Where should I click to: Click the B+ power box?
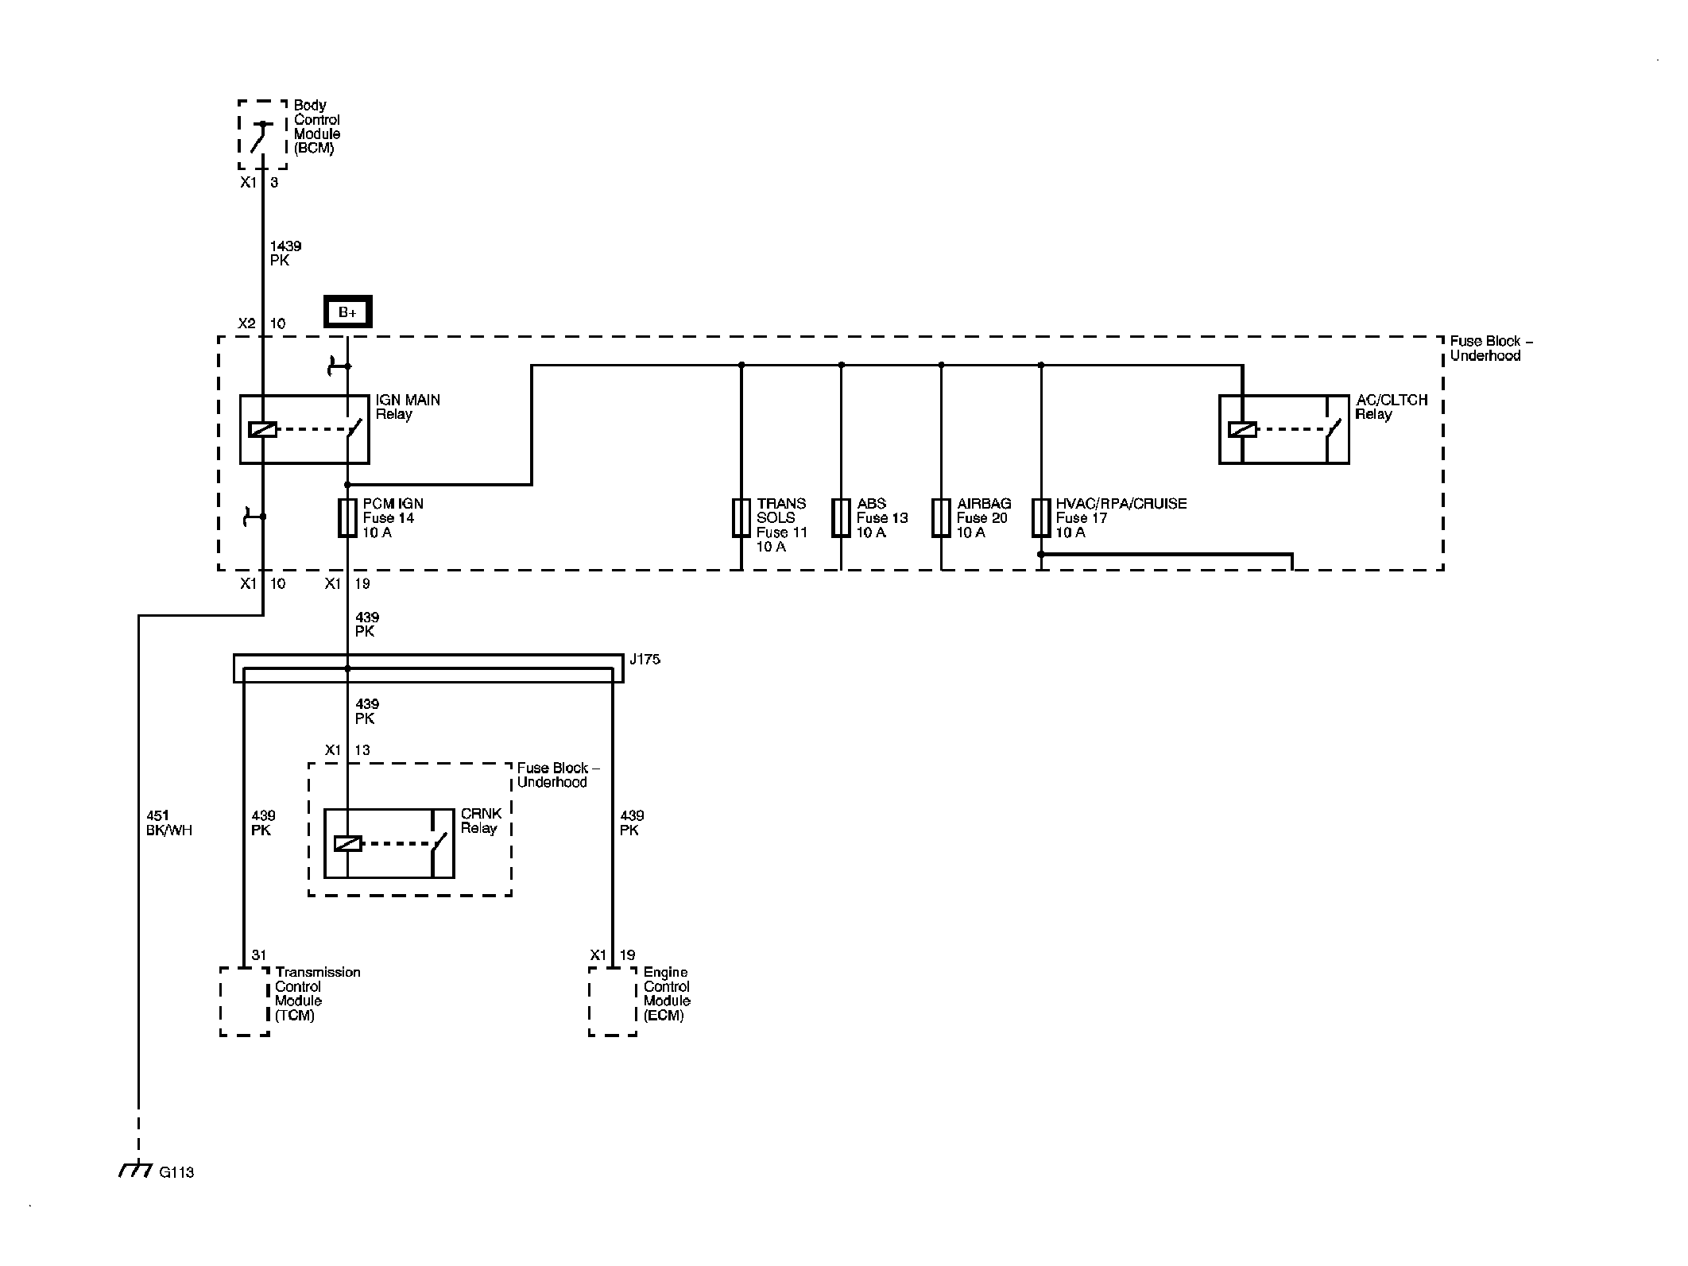tap(347, 312)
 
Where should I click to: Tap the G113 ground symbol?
tap(135, 1169)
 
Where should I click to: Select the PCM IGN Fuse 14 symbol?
tap(347, 518)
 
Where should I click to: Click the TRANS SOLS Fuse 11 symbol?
tap(741, 518)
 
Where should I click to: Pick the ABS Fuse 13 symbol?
tap(841, 518)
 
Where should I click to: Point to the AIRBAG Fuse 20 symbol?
tap(941, 518)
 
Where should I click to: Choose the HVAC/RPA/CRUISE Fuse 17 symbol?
tap(1041, 518)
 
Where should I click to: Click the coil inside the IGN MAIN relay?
tap(262, 429)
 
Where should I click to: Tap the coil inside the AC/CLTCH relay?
tap(1242, 429)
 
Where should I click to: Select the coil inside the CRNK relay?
tap(347, 843)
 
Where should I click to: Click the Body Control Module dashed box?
tap(263, 134)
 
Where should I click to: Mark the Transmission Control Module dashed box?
tap(245, 1001)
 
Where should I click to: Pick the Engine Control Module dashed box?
tap(613, 1001)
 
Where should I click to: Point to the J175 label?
tap(645, 660)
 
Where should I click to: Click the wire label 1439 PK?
tap(285, 254)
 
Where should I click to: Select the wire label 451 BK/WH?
tap(169, 823)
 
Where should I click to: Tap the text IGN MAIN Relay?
tap(408, 407)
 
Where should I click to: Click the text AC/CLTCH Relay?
tap(1392, 407)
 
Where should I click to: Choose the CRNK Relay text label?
tap(482, 821)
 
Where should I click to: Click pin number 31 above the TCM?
tap(259, 955)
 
